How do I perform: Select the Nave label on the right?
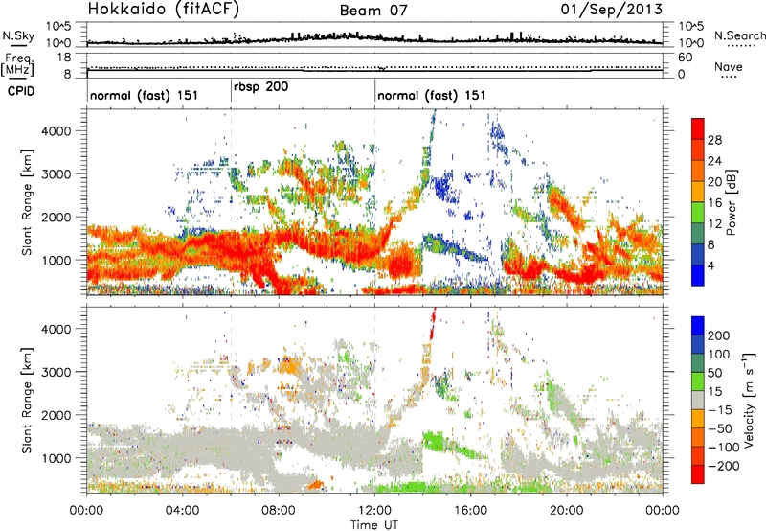point(733,67)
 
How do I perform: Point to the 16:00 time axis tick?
point(471,508)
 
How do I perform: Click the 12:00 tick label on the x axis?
point(374,508)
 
